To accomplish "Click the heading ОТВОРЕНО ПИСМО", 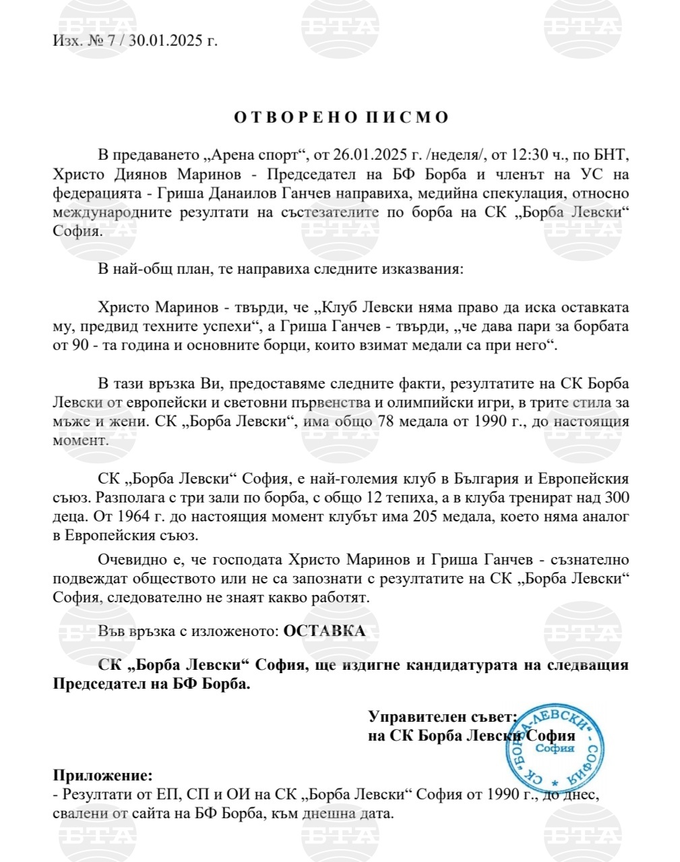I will [x=341, y=117].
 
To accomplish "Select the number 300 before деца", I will [x=616, y=498].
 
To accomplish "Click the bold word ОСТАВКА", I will [x=324, y=631].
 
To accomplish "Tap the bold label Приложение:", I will [x=103, y=776].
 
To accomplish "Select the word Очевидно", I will [x=129, y=559].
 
